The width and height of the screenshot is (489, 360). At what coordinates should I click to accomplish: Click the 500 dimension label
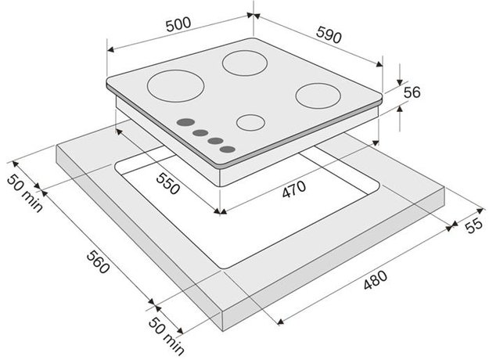click(x=178, y=24)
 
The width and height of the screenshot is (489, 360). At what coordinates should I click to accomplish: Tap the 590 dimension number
click(x=329, y=34)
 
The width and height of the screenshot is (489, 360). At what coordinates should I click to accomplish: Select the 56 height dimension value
click(x=412, y=92)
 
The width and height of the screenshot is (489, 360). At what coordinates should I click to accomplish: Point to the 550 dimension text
click(x=168, y=183)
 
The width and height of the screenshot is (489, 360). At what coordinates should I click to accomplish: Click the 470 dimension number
click(x=294, y=189)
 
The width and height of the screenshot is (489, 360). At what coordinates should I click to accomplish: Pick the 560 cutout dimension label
click(x=98, y=261)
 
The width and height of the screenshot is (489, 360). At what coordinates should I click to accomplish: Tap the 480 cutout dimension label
click(x=376, y=280)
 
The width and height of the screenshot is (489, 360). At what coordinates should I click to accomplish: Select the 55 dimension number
click(x=474, y=225)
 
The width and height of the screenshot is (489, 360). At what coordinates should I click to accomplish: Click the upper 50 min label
click(x=24, y=193)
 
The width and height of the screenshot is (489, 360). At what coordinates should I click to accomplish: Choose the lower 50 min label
click(x=166, y=336)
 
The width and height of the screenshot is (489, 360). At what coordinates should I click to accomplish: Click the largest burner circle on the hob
click(x=175, y=86)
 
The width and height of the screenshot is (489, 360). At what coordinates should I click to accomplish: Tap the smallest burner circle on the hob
click(x=250, y=122)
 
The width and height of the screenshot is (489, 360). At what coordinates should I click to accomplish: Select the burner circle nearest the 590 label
click(x=245, y=63)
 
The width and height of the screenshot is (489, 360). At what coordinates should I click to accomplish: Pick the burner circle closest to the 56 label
click(x=318, y=95)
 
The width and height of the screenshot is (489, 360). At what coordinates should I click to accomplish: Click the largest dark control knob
click(x=185, y=122)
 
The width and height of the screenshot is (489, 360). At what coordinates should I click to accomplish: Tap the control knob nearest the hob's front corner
click(x=228, y=149)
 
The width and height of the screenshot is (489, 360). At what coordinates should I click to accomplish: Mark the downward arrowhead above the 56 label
click(x=400, y=82)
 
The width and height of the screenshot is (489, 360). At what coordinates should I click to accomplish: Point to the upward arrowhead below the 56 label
click(x=400, y=109)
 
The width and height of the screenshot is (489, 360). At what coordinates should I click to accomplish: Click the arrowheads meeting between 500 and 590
click(x=253, y=15)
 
